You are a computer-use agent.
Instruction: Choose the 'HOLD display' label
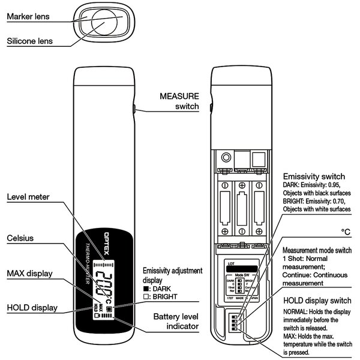(x=32, y=308)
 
